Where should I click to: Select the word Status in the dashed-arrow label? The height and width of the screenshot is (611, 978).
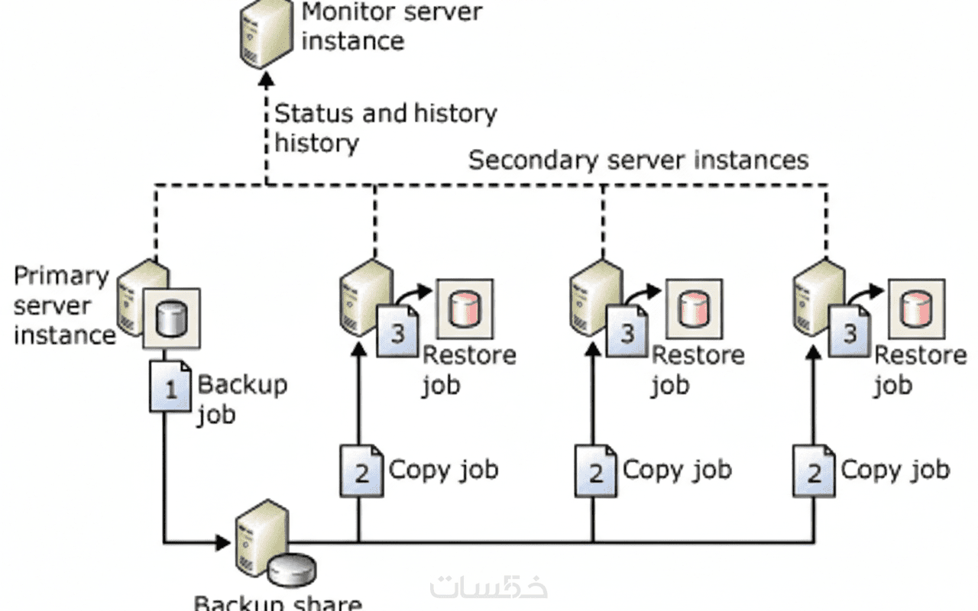(x=314, y=114)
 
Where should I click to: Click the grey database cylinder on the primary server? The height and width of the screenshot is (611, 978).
(x=172, y=318)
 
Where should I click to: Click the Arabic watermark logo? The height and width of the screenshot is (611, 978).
(x=489, y=586)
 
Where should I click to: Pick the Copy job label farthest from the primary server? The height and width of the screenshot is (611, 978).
(x=895, y=470)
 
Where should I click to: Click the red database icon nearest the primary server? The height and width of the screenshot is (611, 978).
(x=464, y=309)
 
